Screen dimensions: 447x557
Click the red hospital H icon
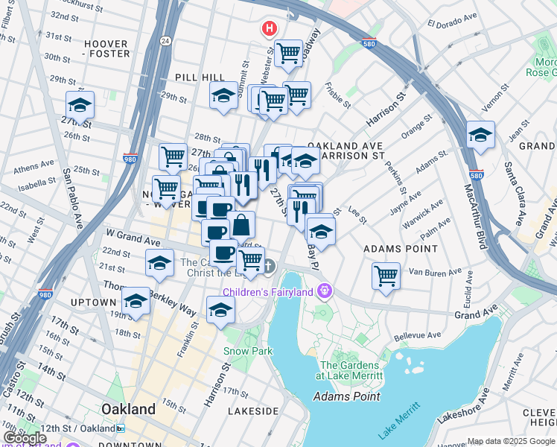click(269, 29)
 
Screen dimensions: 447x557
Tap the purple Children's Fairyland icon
click(323, 291)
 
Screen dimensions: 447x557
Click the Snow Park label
click(248, 351)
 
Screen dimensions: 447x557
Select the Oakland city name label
click(129, 409)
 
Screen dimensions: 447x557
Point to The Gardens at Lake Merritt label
click(349, 370)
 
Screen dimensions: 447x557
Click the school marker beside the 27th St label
click(80, 104)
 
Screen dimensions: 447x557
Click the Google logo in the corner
click(25, 438)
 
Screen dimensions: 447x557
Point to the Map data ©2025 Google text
click(511, 441)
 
